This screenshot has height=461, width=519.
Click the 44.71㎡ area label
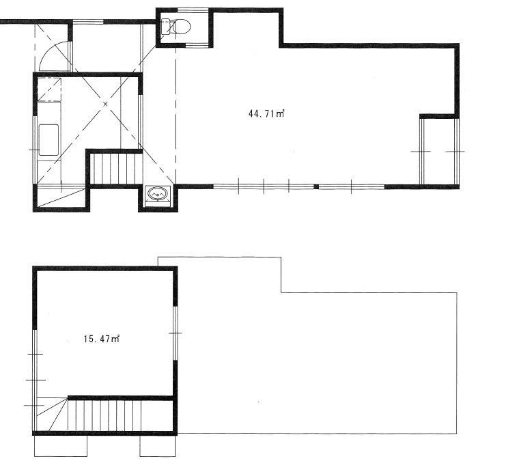click(x=266, y=114)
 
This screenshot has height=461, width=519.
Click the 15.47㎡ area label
click(x=102, y=339)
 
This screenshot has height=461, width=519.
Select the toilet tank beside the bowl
click(x=165, y=27)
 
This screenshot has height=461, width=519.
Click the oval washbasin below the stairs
click(x=158, y=193)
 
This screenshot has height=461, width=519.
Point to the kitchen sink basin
click(x=49, y=139)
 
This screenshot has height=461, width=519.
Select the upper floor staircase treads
click(x=116, y=169)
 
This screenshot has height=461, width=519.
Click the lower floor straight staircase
click(x=104, y=416)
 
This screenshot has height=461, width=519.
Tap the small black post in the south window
click(x=316, y=187)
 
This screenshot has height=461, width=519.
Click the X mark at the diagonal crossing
click(x=106, y=104)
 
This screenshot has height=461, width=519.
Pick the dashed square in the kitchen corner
click(x=49, y=89)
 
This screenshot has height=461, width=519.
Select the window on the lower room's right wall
click(x=176, y=333)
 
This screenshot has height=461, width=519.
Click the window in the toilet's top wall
click(x=194, y=10)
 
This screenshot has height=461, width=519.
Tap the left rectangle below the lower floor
click(x=61, y=446)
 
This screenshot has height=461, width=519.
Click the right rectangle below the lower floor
click(x=157, y=446)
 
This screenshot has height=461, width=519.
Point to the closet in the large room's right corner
click(x=439, y=151)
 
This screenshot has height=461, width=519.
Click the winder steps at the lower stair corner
click(x=51, y=415)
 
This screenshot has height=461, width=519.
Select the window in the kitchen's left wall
click(x=34, y=150)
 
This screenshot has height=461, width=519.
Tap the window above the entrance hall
click(x=87, y=22)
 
